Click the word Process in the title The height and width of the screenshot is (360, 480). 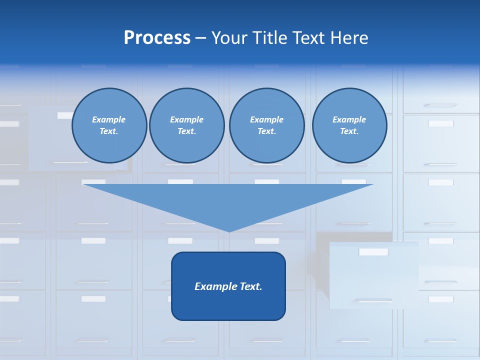tap(157, 38)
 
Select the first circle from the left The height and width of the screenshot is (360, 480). tap(109, 125)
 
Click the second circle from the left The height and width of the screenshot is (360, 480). tap(186, 125)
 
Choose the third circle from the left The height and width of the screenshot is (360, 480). tap(266, 125)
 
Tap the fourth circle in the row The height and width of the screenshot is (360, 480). tap(349, 125)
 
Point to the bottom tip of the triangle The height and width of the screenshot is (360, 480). tap(229, 231)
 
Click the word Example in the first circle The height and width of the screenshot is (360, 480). tap(109, 119)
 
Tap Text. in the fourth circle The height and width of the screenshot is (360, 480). tap(349, 131)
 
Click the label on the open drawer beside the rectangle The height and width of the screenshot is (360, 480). tap(373, 252)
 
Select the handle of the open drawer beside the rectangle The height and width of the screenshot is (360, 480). tap(373, 300)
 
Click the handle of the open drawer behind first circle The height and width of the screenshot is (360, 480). tap(70, 162)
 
